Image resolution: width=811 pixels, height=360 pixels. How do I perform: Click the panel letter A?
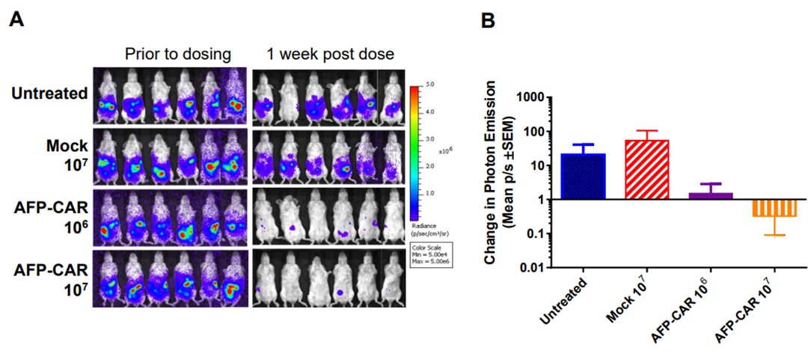point(16,20)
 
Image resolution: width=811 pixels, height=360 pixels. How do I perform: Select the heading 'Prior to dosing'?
point(177,54)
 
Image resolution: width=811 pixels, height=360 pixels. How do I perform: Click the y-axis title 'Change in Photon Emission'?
point(491,181)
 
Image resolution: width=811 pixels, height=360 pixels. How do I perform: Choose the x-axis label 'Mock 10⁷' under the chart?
point(631,305)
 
